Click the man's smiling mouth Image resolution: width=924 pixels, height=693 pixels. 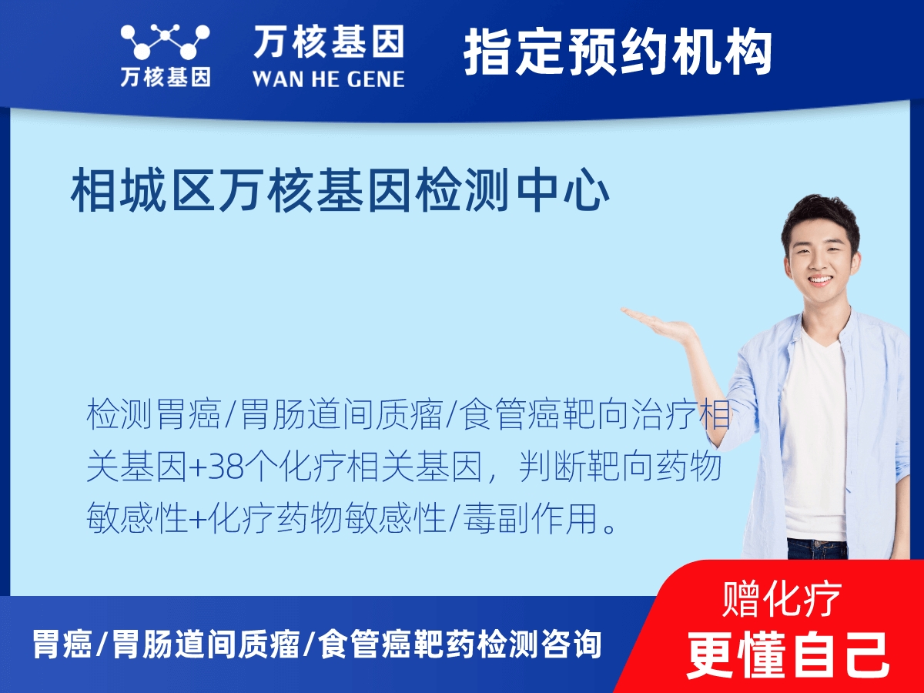tap(819, 280)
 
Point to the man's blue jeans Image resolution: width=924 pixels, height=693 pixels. tap(816, 548)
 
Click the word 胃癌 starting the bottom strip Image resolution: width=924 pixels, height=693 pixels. tap(62, 644)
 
